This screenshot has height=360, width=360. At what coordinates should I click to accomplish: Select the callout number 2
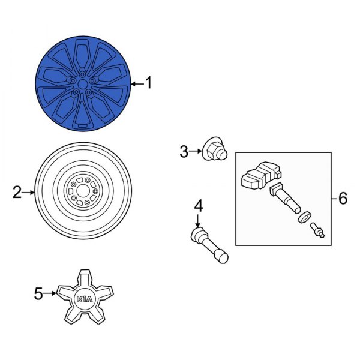[x=17, y=192]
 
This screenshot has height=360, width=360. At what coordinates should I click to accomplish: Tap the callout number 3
[x=184, y=152]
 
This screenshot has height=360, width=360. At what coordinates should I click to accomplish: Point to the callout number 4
[x=198, y=206]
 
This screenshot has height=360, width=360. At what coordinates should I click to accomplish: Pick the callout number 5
[x=38, y=293]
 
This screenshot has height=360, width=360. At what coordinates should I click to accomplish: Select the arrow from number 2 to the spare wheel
[x=29, y=192]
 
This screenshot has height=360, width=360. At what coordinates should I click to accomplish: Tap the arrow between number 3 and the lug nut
[x=197, y=152]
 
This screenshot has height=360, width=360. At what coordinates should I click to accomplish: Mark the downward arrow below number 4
[x=198, y=220]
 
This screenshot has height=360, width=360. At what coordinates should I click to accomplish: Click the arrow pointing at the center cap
[x=51, y=293]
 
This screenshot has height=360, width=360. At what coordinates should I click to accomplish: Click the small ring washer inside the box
[x=304, y=217]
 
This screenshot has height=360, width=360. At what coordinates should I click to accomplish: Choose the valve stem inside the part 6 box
[x=286, y=199]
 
